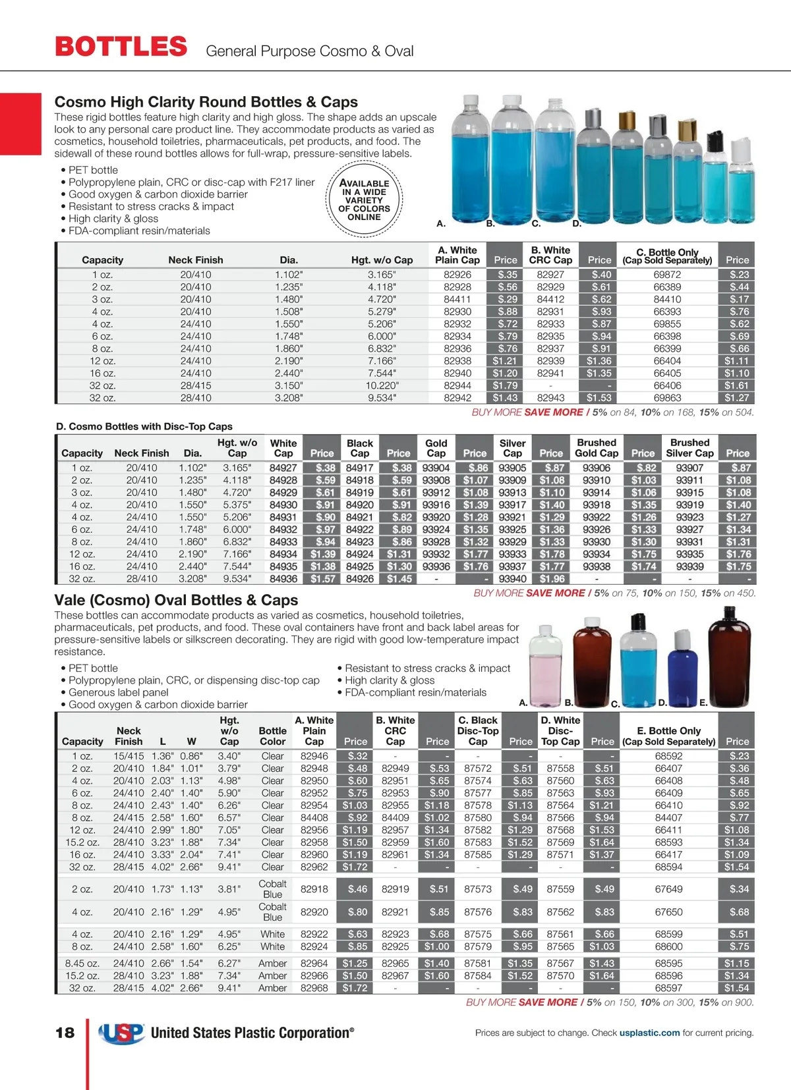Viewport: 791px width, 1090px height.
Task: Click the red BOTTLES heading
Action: [121, 47]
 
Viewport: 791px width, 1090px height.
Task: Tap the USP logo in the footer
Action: [121, 1033]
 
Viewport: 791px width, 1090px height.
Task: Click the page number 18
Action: [65, 1033]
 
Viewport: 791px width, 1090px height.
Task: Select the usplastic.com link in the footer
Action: [649, 1033]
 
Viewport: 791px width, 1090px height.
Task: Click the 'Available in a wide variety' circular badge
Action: [365, 200]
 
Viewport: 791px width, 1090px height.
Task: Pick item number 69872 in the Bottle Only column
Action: [667, 275]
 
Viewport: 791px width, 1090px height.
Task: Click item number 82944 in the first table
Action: [457, 385]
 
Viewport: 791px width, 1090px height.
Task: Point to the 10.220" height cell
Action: [382, 385]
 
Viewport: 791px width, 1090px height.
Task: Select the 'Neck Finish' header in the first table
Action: [196, 260]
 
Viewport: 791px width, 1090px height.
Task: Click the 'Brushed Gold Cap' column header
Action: [597, 448]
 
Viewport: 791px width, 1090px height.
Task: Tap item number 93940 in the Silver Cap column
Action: [512, 579]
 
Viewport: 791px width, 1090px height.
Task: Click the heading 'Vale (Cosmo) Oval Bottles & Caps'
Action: [176, 600]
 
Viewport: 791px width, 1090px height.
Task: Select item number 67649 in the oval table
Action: [668, 889]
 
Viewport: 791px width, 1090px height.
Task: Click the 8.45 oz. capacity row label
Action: [82, 964]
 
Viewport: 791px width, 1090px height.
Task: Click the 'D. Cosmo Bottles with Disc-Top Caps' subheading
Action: [144, 427]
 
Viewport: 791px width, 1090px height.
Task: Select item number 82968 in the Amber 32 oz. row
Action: [314, 988]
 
